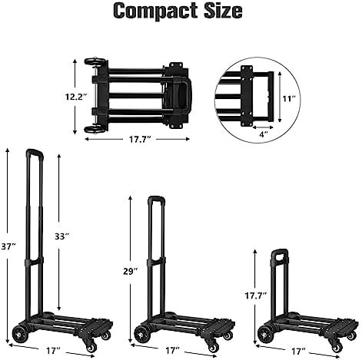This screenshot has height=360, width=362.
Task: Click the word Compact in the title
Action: (156, 12)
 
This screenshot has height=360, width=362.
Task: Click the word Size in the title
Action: (223, 11)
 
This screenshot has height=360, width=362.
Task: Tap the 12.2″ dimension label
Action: (75, 97)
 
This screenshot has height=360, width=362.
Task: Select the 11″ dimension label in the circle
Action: (289, 98)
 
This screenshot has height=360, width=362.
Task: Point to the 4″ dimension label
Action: (264, 134)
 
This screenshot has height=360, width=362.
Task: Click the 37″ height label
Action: (8, 246)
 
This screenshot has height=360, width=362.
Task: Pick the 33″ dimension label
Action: (62, 236)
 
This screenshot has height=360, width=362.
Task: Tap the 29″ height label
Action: (131, 271)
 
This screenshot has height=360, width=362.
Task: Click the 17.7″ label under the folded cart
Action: (139, 140)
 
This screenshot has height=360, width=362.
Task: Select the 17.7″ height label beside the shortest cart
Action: (256, 296)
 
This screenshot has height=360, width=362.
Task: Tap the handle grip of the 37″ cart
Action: (35, 152)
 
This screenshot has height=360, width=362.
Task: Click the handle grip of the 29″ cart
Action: (156, 199)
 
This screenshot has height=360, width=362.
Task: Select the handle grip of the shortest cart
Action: (280, 251)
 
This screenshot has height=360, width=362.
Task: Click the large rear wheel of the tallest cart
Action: (19, 334)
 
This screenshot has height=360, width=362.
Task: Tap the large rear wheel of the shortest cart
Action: (264, 334)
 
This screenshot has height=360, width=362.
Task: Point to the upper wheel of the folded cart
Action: (95, 61)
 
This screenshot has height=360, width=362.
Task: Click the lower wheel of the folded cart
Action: (95, 129)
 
